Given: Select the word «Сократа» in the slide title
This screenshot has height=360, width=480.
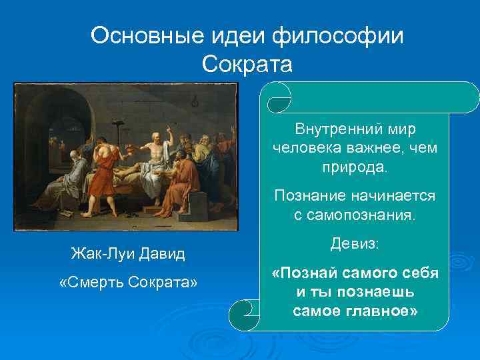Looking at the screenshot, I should pyautogui.click(x=247, y=65).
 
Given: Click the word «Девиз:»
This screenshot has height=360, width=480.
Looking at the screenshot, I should pyautogui.click(x=355, y=245).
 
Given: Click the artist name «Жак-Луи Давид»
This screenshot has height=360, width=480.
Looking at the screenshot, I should pyautogui.click(x=128, y=253).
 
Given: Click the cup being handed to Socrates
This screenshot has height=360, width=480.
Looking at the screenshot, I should pyautogui.click(x=140, y=145).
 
